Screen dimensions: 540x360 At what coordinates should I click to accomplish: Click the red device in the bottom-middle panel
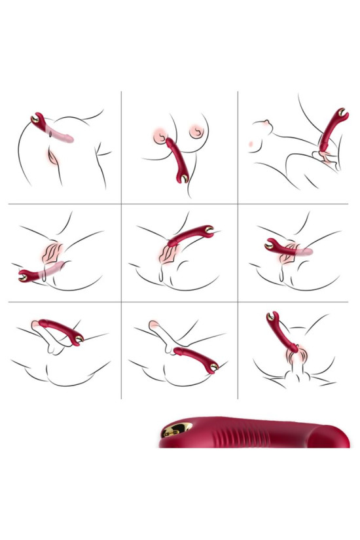(x=196, y=359)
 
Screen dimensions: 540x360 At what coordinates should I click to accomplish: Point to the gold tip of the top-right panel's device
(x=342, y=113)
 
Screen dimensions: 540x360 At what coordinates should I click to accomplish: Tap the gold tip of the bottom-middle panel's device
(x=215, y=368)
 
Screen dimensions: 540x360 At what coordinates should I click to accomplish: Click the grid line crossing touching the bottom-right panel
(x=237, y=302)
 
